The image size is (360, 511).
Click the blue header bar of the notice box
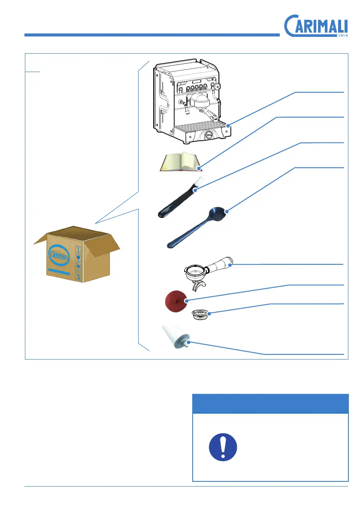270,404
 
